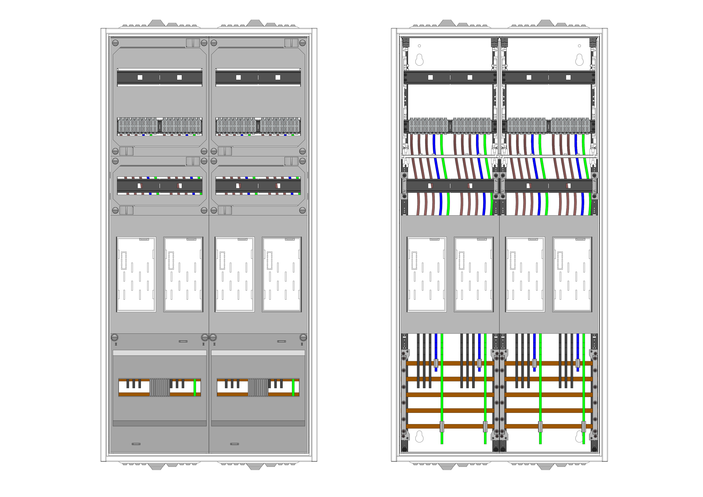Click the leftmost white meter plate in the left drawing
pyautogui.click(x=136, y=274)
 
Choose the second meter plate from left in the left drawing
pyautogui.click(x=183, y=274)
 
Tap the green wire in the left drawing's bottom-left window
pyautogui.click(x=195, y=387)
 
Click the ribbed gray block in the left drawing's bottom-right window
pyautogui.click(x=258, y=387)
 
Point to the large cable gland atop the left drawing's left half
pyautogui.click(x=156, y=23)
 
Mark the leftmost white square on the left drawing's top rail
pyautogui.click(x=140, y=77)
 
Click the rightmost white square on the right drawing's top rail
pyautogui.click(x=568, y=77)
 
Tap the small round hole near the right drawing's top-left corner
pyautogui.click(x=420, y=46)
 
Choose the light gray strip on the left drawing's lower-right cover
pyautogui.click(x=258, y=353)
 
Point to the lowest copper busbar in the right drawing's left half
pyautogui.click(x=450, y=426)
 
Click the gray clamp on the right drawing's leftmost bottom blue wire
pyautogui.click(x=436, y=363)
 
